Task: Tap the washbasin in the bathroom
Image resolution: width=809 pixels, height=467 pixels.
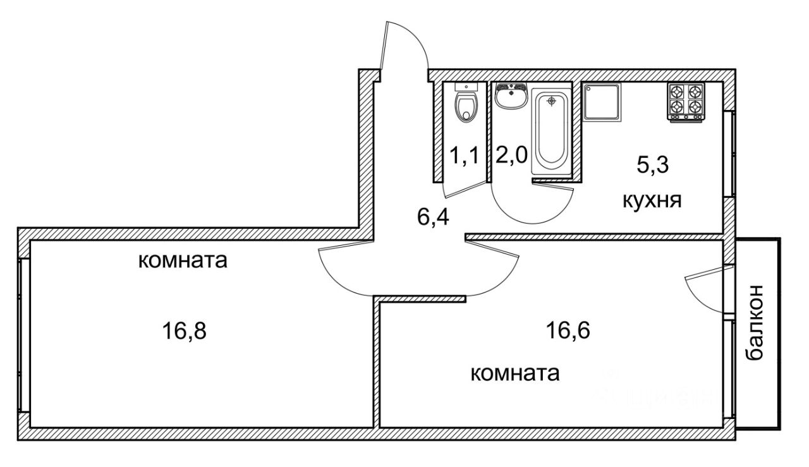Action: [511, 95]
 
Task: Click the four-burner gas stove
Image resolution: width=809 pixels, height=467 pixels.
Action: [686, 102]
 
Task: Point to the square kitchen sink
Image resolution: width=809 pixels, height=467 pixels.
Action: [601, 102]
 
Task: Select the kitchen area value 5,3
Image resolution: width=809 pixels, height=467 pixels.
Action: [653, 165]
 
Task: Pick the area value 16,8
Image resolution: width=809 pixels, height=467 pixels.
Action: [184, 331]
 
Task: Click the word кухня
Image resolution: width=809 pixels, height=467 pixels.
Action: [652, 200]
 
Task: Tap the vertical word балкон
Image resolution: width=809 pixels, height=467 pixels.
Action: [754, 322]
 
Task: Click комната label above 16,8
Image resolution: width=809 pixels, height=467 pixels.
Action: [183, 260]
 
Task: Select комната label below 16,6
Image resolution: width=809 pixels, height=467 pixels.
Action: [515, 373]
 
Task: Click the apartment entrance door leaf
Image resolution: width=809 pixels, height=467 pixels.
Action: [384, 45]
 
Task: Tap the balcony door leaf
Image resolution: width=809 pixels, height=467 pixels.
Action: [710, 272]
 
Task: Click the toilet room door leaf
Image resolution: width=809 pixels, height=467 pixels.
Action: [466, 189]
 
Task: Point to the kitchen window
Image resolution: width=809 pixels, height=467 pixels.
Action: [730, 154]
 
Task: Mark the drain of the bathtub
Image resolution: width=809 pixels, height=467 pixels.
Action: [551, 100]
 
